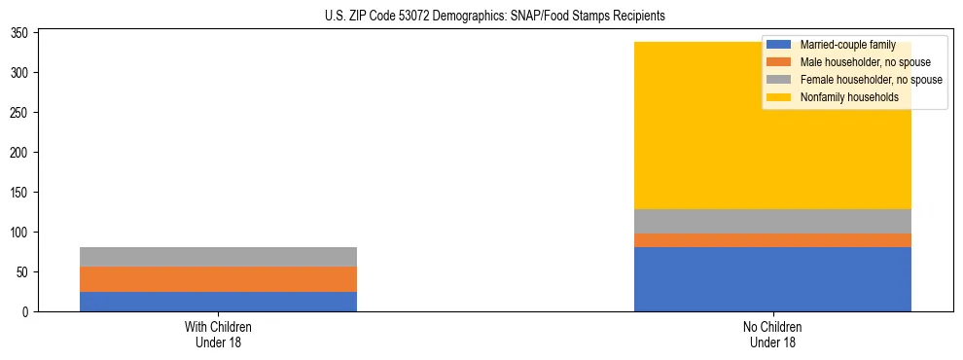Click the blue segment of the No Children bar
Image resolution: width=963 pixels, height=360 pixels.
[772, 279]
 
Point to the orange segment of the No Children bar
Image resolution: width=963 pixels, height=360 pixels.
[772, 240]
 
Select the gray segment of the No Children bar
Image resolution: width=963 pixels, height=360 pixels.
[772, 222]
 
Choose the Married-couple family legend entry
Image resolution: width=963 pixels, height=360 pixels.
[842, 45]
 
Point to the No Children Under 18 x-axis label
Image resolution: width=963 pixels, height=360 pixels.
[772, 334]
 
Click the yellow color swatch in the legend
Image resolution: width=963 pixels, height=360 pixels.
[779, 97]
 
